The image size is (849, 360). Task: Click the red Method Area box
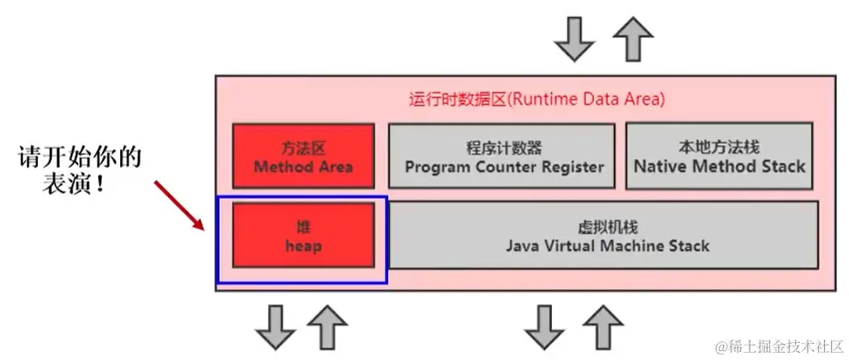point(303,157)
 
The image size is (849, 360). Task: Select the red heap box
point(303,235)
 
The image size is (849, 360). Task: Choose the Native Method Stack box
point(719,157)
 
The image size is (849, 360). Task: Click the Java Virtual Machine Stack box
point(604,235)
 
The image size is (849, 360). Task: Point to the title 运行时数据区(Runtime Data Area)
point(537,100)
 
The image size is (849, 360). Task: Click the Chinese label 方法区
point(303,149)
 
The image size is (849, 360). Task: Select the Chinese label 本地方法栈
point(719,148)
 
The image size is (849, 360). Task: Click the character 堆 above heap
point(303,226)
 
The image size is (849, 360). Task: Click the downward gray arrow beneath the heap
point(274,328)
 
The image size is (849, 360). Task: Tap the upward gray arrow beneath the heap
point(328,326)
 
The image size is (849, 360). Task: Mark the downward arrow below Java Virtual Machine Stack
point(543,328)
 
